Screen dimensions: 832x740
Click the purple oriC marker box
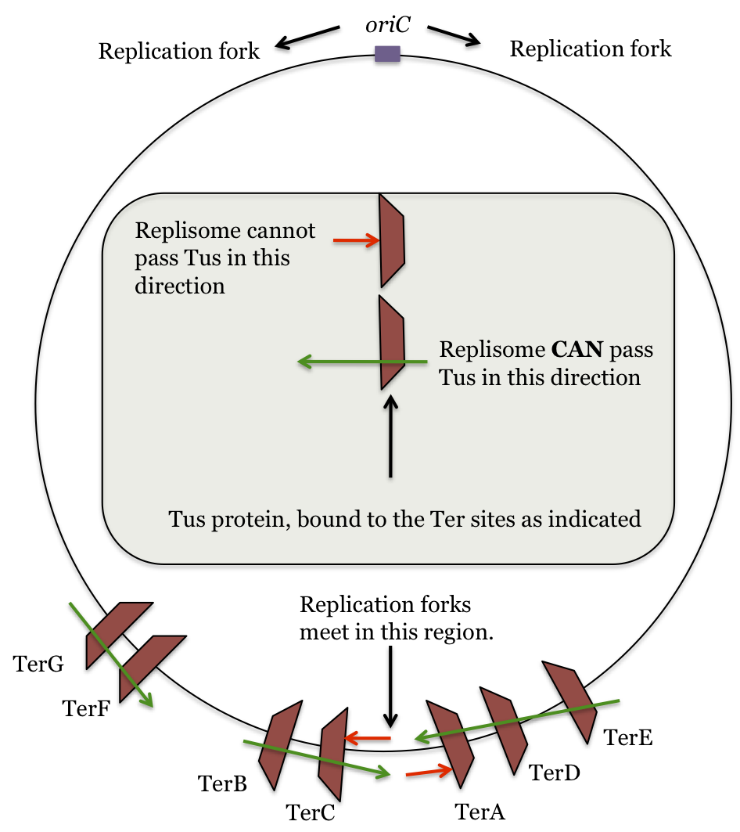[387, 53]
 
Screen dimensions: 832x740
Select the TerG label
[38, 665]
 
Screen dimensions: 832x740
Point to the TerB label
[222, 783]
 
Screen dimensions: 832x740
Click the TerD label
[555, 773]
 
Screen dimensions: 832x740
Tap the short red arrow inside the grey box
[355, 240]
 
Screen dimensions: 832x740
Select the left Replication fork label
[178, 52]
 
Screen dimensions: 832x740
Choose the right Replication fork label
[591, 49]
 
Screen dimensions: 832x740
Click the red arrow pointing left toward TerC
[368, 737]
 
